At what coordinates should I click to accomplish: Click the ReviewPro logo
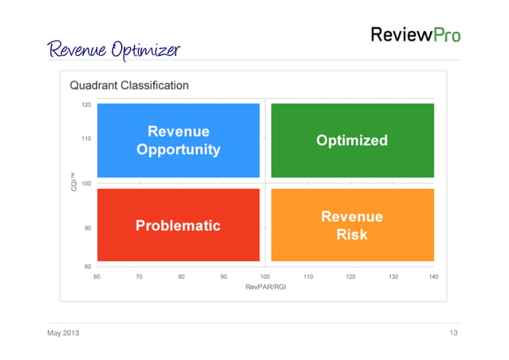pos(415,35)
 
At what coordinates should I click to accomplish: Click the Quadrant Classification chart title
pos(129,85)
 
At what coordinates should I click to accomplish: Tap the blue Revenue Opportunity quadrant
pos(178,140)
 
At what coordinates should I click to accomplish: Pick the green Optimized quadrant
pos(352,140)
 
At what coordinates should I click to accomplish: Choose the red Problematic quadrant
pos(178,225)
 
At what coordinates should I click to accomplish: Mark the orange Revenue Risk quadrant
pos(352,225)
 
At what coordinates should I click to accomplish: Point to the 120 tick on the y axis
pos(86,104)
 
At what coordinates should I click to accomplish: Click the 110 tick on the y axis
pos(86,138)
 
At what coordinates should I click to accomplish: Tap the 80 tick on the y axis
pos(87,265)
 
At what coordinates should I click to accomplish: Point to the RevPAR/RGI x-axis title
pos(266,287)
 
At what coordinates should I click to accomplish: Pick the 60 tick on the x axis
pos(97,275)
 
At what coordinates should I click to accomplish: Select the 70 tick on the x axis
pos(139,275)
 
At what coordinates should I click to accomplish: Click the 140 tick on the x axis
pos(433,275)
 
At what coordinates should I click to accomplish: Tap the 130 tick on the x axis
pos(392,275)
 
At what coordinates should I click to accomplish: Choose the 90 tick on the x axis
pos(223,275)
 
